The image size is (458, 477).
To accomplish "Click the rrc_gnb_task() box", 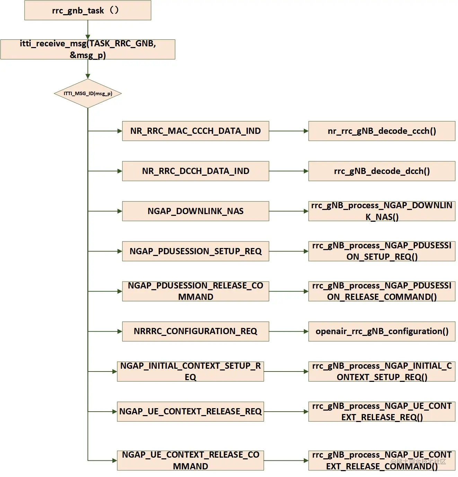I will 88,10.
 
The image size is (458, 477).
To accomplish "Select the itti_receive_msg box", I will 88,49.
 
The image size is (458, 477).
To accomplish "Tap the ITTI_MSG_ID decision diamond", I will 88,93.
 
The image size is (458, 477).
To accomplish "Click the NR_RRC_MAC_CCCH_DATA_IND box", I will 195,131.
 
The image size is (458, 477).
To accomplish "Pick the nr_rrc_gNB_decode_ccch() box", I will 381,131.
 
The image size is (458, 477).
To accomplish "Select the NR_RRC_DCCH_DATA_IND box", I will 195,171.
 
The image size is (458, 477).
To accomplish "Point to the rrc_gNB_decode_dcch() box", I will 381,171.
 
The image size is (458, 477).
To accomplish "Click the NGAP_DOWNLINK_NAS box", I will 195,211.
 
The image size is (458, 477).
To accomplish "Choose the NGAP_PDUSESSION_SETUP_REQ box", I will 195,251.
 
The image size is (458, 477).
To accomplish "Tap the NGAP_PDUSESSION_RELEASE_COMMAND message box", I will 195,291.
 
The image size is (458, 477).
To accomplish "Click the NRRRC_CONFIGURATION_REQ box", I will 195,331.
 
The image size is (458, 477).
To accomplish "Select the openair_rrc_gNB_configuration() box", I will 381,331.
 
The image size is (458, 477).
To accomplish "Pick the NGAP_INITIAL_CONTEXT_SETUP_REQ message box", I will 190,371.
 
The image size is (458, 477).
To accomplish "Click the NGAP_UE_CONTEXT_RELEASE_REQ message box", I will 190,412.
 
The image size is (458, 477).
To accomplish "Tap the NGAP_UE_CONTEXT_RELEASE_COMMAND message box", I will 190,460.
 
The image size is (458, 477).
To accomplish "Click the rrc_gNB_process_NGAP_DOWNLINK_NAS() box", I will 381,211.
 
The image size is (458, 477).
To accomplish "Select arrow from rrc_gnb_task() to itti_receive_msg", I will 88,30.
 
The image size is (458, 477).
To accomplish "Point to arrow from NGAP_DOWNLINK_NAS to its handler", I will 288,211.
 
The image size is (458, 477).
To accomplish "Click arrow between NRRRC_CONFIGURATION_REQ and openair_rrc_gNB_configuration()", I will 288,331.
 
